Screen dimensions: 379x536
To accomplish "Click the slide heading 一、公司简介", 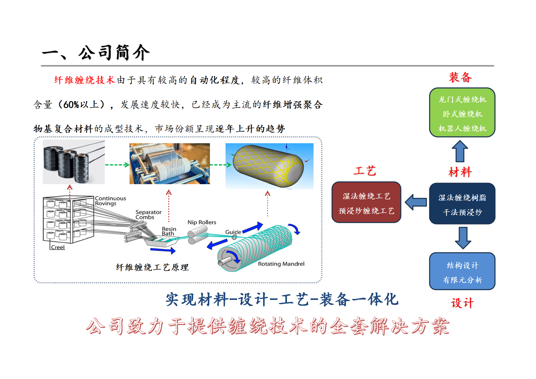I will [x=96, y=53].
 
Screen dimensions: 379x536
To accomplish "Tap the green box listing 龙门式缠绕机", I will [x=462, y=112].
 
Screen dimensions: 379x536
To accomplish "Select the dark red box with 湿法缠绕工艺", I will [x=366, y=202].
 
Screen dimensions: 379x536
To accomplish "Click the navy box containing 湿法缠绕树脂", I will [x=462, y=204].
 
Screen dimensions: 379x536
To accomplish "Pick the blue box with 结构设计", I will [x=462, y=271].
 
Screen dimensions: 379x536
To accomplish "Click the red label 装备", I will [x=460, y=78].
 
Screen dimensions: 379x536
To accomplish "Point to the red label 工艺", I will [x=365, y=171].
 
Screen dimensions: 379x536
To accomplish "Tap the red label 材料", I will [x=460, y=172].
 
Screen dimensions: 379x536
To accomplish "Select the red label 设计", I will [x=462, y=303].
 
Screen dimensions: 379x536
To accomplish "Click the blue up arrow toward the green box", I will [x=460, y=151].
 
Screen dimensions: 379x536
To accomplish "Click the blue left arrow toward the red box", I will [x=416, y=202].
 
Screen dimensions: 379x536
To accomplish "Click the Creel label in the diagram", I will [x=58, y=247].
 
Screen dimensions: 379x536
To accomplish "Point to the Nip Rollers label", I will [x=202, y=222].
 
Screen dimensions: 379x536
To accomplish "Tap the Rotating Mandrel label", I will [x=281, y=264].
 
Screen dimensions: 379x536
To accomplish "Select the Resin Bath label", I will [x=169, y=231].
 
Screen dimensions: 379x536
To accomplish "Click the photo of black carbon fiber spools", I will [x=74, y=162].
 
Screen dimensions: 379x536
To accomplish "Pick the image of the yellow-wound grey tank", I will [x=269, y=166].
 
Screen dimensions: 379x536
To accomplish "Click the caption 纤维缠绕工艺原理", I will [x=152, y=268].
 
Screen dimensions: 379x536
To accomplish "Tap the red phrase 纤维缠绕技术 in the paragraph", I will [x=85, y=80].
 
